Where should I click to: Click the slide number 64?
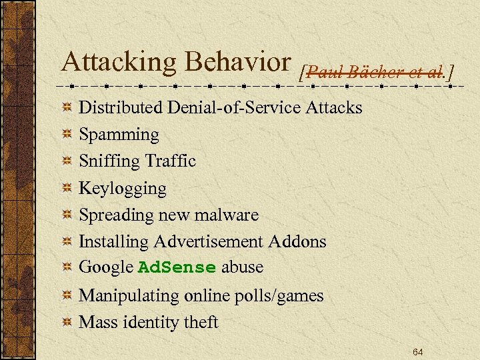(417, 351)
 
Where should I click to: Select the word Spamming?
(119, 135)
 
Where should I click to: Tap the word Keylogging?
(123, 189)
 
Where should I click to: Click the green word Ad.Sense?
(177, 268)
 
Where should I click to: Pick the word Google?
(106, 268)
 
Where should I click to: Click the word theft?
(201, 323)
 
